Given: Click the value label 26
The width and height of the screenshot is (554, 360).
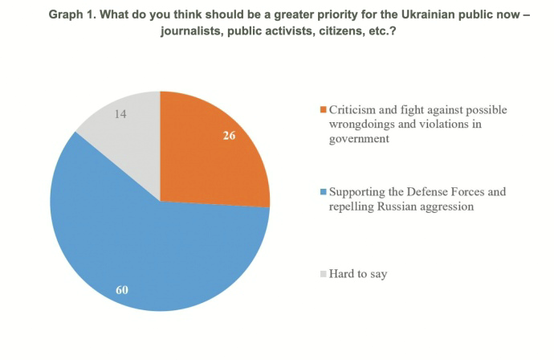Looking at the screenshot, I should (230, 136).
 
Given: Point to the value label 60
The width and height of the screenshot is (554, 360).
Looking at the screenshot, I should (122, 289).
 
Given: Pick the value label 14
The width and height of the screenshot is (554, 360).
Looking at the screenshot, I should (120, 114).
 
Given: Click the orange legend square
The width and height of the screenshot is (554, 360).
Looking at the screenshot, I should (323, 109).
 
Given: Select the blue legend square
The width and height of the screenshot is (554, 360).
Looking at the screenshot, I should (323, 192).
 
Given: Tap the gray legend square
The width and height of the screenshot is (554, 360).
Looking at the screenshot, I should (323, 275).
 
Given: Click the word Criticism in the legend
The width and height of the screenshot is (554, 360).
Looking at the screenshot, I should (353, 109).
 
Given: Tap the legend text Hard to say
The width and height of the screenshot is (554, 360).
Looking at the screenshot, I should (358, 275).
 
